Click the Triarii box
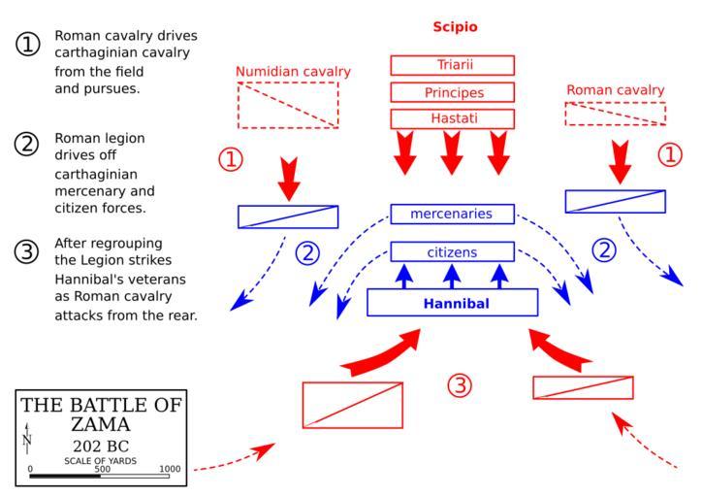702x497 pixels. (452, 65)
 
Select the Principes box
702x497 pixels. (452, 92)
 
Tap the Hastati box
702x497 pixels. (452, 118)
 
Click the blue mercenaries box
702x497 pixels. (452, 213)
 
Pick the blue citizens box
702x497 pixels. (452, 251)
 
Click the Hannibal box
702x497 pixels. (452, 303)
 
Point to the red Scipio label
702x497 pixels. (456, 26)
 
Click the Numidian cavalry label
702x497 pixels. (294, 71)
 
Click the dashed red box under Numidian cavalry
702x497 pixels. (288, 105)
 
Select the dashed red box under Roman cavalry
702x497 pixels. (616, 113)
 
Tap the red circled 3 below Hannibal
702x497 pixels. (459, 385)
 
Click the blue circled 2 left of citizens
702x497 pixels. (307, 252)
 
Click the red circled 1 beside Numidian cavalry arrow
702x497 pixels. (231, 158)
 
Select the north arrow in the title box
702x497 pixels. (27, 439)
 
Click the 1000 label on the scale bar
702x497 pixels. (170, 469)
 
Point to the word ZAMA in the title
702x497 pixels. (102, 424)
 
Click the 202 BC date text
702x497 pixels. (102, 447)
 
